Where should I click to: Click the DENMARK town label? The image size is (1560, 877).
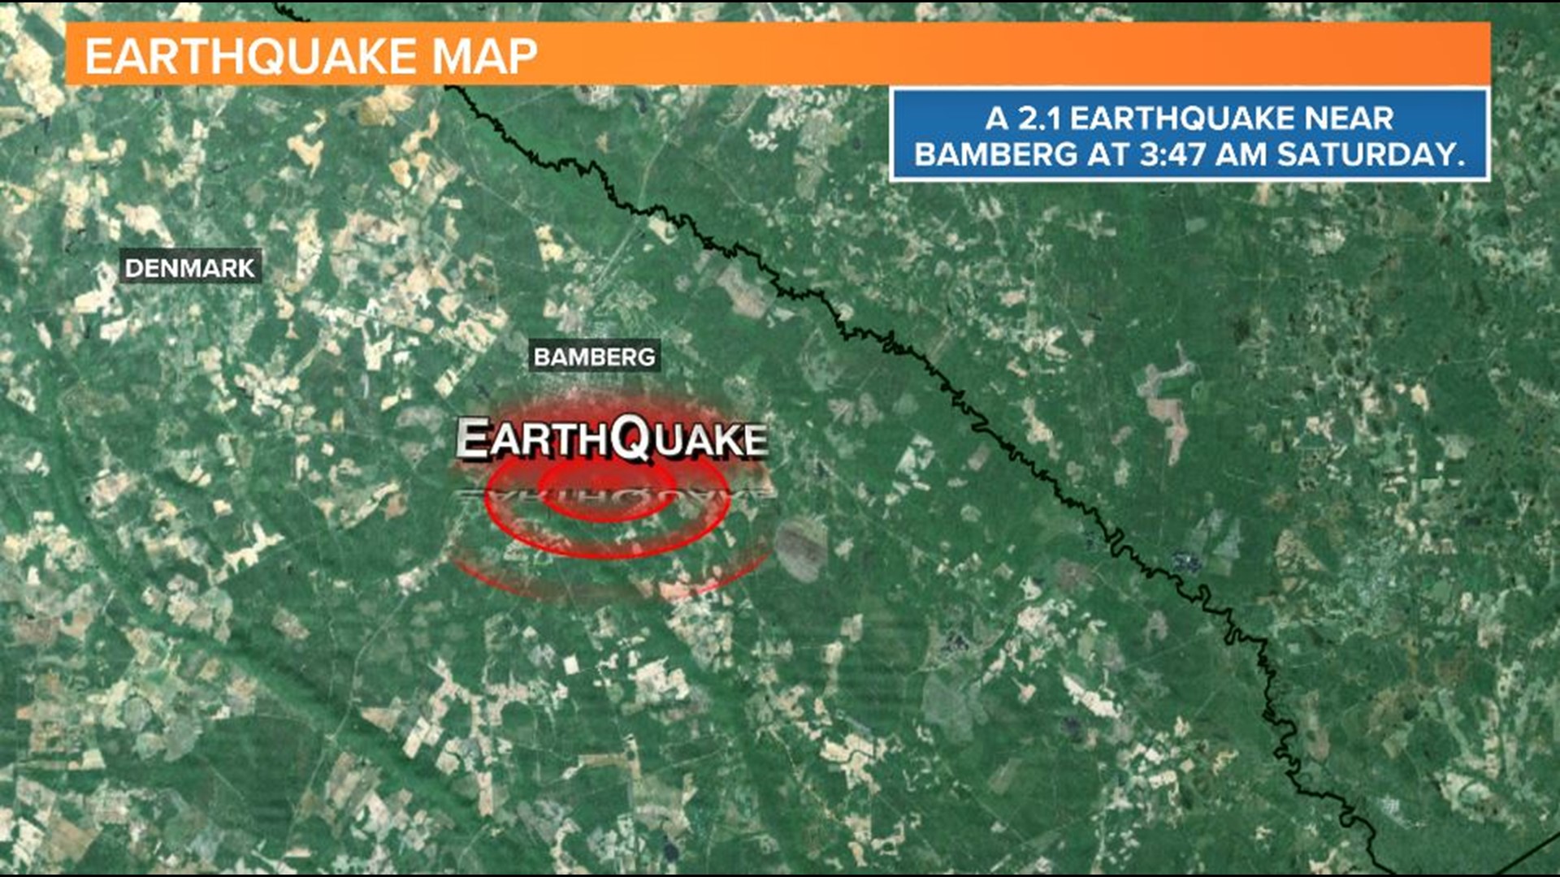tap(190, 267)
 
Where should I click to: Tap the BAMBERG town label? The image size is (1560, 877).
tap(594, 356)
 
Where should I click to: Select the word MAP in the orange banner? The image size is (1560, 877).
tap(484, 56)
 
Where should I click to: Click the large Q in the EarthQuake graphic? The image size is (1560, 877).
tap(632, 438)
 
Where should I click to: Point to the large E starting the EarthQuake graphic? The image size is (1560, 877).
tap(474, 439)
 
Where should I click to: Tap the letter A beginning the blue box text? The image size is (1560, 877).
tap(997, 119)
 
